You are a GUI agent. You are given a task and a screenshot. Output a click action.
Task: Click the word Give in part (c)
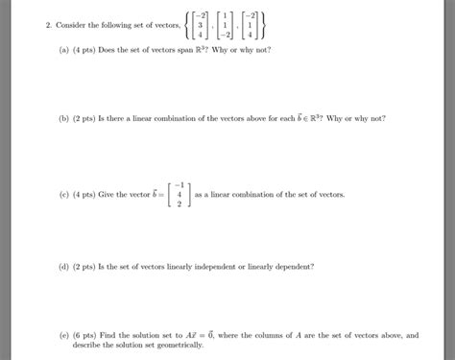tap(112, 194)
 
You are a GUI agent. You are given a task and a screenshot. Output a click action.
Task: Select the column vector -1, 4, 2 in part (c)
tap(175, 194)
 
